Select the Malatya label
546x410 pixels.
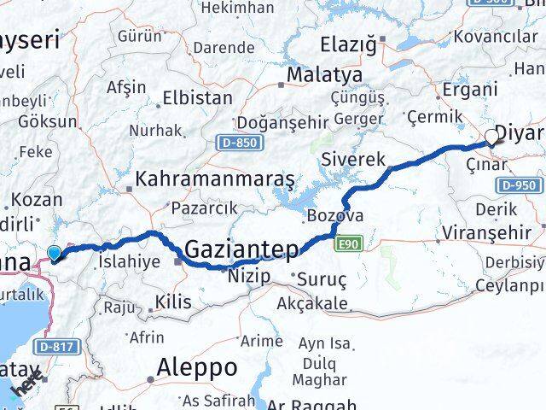pos(323,75)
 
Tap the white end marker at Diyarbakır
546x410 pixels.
pos(492,136)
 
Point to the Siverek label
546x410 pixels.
pos(354,159)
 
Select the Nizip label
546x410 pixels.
pos(248,276)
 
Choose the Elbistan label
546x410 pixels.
pos(197,97)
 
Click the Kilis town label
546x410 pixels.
pos(174,301)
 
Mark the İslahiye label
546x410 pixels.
pos(128,261)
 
